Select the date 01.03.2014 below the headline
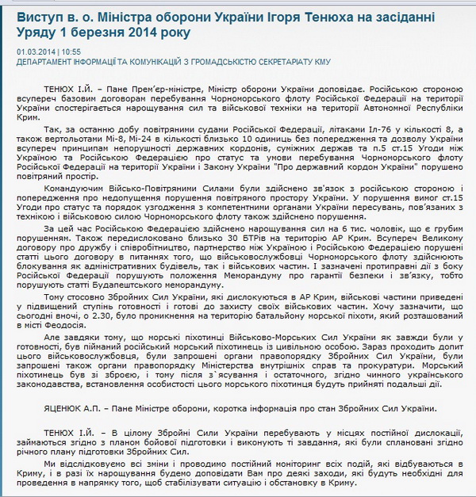click(x=36, y=50)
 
